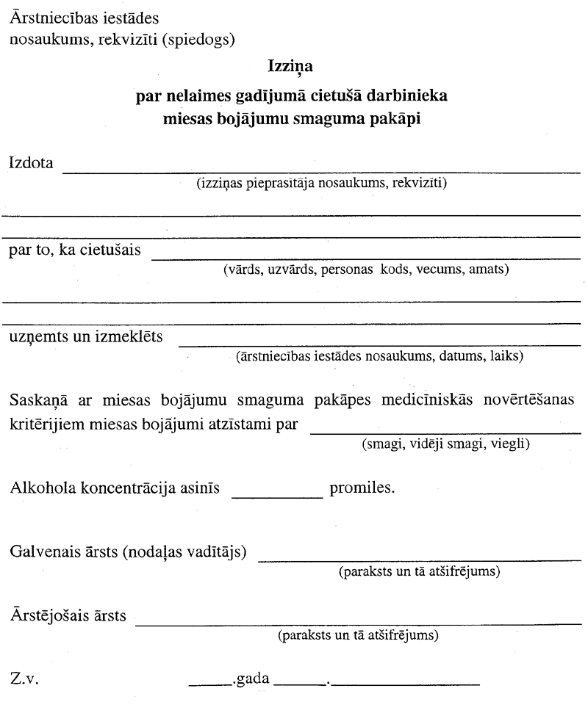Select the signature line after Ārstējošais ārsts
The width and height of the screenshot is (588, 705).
(359, 623)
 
